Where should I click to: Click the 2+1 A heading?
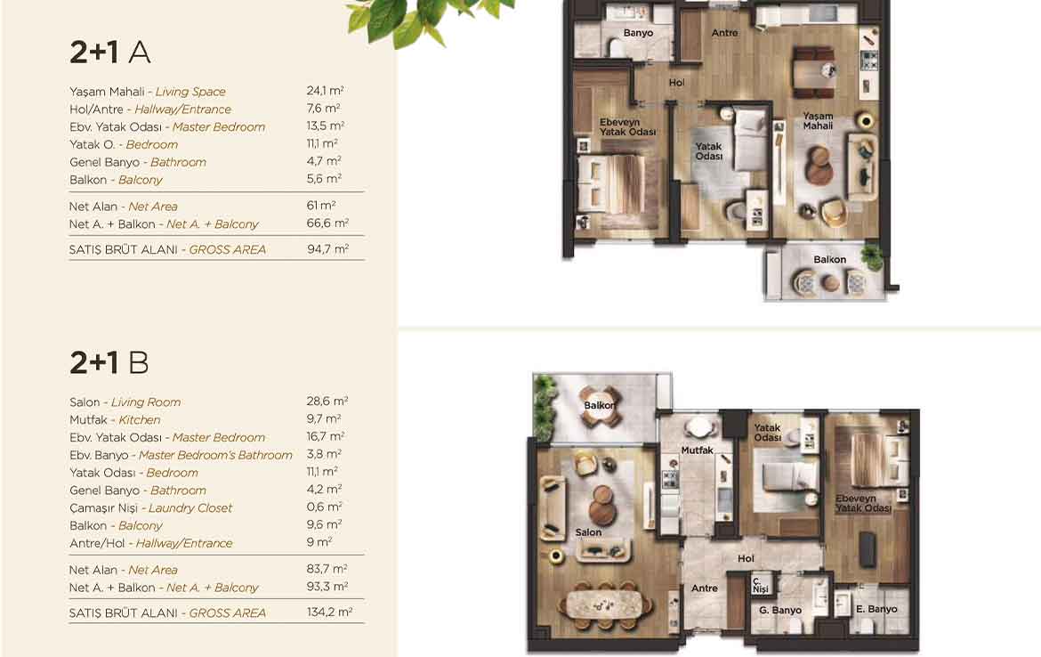point(110,52)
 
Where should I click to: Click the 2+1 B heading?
point(109,362)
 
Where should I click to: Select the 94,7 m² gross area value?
point(327,249)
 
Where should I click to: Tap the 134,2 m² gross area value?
point(329,612)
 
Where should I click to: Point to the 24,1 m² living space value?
point(325,90)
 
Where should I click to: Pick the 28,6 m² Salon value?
point(327,401)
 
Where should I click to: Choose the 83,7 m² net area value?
point(327,570)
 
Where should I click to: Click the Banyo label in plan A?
point(638,33)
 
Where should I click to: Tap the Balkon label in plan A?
point(830,260)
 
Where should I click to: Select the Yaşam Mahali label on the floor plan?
point(818,121)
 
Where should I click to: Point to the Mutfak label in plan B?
point(697,450)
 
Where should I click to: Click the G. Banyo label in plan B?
point(780,610)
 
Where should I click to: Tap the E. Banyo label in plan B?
point(876,609)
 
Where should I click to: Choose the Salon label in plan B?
point(588,532)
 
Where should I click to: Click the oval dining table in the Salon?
point(606,604)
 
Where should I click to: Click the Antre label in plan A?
point(724,33)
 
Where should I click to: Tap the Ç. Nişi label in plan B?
point(760,585)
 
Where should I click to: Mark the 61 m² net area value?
point(320,206)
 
